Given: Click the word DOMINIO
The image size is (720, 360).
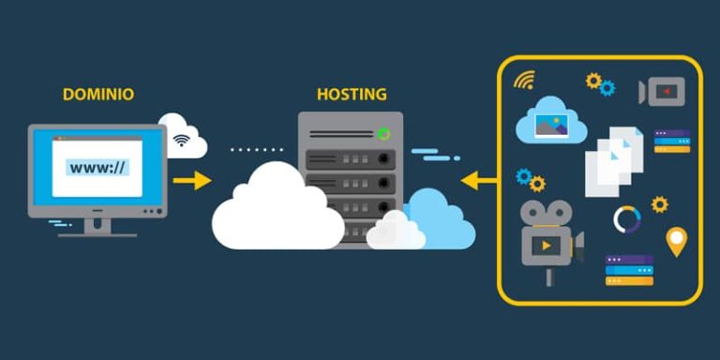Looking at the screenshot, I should tap(97, 95).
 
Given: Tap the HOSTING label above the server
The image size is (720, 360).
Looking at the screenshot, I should tap(352, 95).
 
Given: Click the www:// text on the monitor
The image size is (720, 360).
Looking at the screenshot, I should tap(97, 168).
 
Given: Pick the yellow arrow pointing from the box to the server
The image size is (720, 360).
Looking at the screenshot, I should tap(480, 178).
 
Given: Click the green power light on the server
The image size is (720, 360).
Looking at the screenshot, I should tap(383, 134).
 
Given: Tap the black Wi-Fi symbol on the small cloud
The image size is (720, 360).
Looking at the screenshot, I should tap(181, 142).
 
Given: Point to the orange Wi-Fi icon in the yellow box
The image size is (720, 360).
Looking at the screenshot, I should tap(523, 80).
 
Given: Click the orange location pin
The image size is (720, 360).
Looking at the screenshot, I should tap(676, 240).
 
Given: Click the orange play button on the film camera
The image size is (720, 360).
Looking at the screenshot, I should tap(547, 246).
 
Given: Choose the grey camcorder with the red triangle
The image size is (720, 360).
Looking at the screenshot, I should tap(663, 91).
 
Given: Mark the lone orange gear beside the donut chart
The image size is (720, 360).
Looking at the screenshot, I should tap(660, 203).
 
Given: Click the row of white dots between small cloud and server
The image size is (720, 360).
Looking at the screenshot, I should tap(256, 149).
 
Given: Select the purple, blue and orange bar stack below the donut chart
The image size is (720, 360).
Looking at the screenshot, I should tap(628, 270).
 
